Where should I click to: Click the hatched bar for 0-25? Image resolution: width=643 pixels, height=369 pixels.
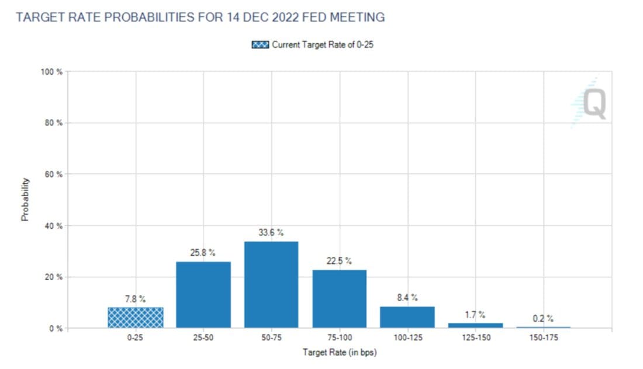click(x=135, y=317)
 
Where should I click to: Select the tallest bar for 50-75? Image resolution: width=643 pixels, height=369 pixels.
click(x=271, y=284)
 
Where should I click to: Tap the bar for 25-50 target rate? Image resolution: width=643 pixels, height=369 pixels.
click(x=203, y=294)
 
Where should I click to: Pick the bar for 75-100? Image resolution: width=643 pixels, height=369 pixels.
click(x=340, y=298)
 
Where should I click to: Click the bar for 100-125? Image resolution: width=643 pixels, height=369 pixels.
click(x=407, y=316)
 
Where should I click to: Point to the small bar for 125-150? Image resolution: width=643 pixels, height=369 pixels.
click(x=476, y=325)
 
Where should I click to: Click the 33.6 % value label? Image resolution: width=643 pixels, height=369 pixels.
click(x=271, y=232)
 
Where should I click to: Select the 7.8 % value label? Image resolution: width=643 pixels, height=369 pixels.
click(x=135, y=299)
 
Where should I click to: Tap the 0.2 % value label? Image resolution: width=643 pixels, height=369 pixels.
click(x=543, y=319)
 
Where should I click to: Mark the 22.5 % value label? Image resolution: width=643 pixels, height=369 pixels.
click(x=340, y=261)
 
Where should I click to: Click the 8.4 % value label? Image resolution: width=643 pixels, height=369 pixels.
click(x=407, y=298)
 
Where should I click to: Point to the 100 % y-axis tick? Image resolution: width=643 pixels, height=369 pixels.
click(x=51, y=72)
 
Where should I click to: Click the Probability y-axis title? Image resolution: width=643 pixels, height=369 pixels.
click(x=25, y=199)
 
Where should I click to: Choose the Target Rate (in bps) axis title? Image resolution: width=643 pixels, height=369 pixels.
click(x=339, y=353)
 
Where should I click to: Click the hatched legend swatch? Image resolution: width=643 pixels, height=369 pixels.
click(x=260, y=45)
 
